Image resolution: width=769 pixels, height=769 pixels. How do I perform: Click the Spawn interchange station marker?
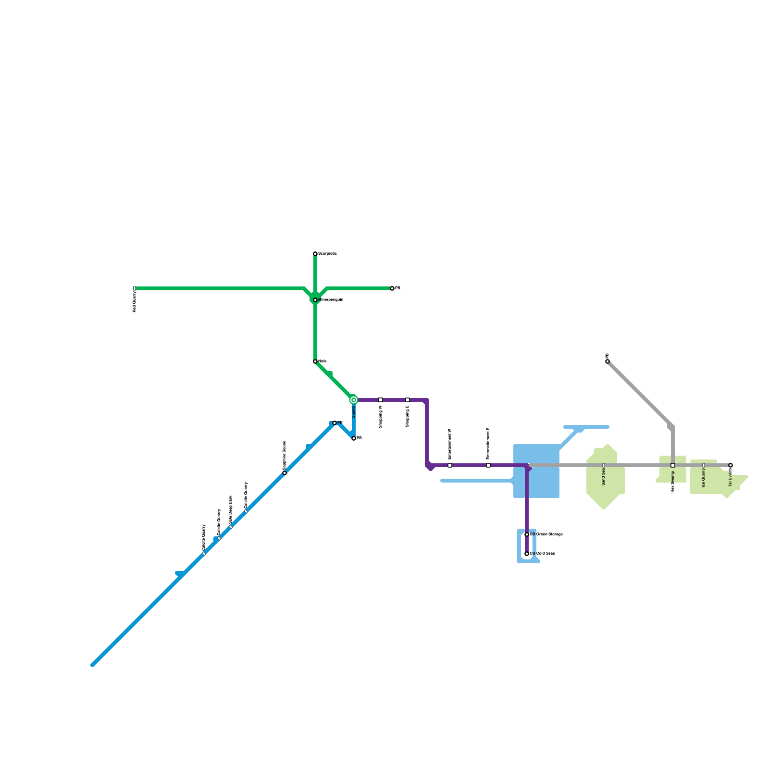[354, 400]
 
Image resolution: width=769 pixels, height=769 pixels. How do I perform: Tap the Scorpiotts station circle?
[315, 254]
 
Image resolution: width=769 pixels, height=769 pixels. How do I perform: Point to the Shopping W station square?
[381, 400]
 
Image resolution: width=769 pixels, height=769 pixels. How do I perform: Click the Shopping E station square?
[408, 400]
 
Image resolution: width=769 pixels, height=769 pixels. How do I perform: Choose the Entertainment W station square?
[450, 465]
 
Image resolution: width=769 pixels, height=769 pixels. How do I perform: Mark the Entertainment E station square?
[488, 465]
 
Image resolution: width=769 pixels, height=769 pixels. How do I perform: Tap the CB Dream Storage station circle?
[527, 534]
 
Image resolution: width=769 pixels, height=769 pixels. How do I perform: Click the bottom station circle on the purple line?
[527, 554]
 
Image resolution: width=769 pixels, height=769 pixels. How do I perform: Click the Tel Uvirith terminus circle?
[731, 465]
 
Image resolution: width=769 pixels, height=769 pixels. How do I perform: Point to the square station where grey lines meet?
[673, 465]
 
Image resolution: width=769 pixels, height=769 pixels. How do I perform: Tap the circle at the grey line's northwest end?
[608, 361]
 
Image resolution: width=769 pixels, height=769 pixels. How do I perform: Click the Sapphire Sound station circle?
[285, 473]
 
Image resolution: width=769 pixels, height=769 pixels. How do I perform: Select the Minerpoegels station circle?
[315, 300]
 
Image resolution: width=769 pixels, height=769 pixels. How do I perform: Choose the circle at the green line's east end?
[392, 288]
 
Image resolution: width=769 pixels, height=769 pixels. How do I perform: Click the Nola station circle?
[315, 361]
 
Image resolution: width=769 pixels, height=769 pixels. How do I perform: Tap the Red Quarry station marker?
[135, 288]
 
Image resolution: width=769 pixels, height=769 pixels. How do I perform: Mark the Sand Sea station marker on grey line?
[604, 465]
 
